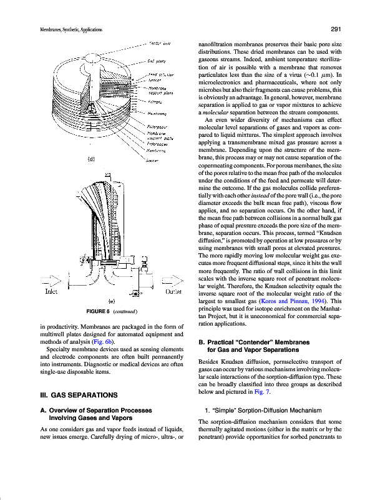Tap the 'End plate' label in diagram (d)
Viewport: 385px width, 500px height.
155,61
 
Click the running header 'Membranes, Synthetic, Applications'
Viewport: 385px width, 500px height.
62,29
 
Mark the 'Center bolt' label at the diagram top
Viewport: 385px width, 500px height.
160,43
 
